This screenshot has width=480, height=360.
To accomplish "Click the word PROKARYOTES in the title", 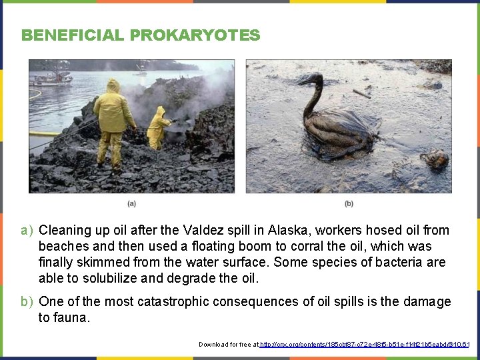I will pyautogui.click(x=195, y=35).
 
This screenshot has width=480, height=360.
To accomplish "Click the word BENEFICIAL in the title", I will pyautogui.click(x=73, y=35).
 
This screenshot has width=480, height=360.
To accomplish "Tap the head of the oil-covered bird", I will pyautogui.click(x=312, y=79).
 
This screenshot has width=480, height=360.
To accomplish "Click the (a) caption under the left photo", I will pyautogui.click(x=131, y=203).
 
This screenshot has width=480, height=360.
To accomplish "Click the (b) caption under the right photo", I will pyautogui.click(x=349, y=203).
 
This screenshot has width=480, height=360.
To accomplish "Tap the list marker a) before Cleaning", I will pyautogui.click(x=27, y=231).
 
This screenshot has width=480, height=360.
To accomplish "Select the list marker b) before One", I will pyautogui.click(x=27, y=302).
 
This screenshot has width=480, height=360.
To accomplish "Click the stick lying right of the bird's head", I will pyautogui.click(x=361, y=93).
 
